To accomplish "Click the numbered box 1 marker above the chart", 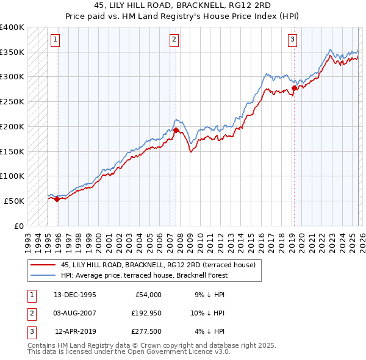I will click(55, 40).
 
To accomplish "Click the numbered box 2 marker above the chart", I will click(174, 40).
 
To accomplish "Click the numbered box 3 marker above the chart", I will click(292, 40).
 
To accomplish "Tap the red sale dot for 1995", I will click(57, 198).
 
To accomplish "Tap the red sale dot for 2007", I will click(176, 130).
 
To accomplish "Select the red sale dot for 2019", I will click(294, 88).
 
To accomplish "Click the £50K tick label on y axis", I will click(15, 201).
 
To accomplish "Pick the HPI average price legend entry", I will click(144, 275).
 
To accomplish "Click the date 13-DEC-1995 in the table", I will click(74, 295).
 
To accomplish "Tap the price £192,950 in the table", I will click(146, 313).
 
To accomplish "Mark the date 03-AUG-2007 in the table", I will click(74, 313).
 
